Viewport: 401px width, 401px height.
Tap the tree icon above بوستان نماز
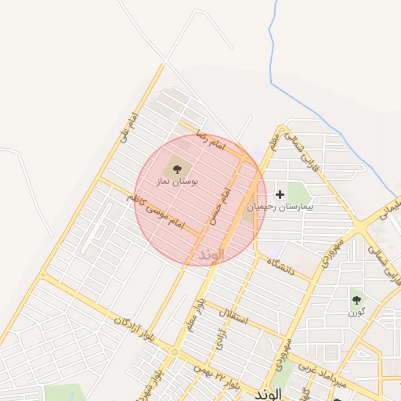click(x=175, y=168)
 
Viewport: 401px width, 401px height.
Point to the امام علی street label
click(x=129, y=127)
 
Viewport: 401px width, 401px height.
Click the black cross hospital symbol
click(x=280, y=193)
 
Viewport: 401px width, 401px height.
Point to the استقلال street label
click(x=236, y=318)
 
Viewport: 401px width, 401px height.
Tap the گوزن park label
click(x=356, y=312)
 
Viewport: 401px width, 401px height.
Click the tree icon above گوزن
click(x=357, y=299)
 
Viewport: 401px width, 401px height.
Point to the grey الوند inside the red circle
click(x=211, y=255)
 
